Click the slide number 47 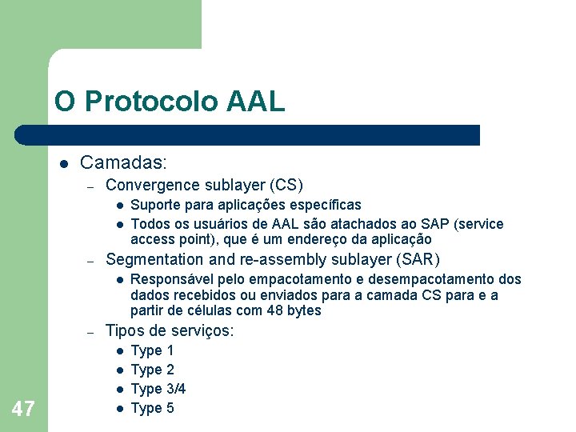(x=23, y=410)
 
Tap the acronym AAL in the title (x=255, y=102)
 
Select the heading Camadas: (x=123, y=163)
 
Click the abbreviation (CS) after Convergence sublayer (x=286, y=186)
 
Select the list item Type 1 (x=152, y=350)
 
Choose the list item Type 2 (x=152, y=370)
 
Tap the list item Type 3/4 (x=158, y=389)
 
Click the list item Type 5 (x=152, y=408)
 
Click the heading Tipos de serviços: (x=170, y=330)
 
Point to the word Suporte (x=154, y=205)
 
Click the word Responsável (x=168, y=279)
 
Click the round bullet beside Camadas (x=62, y=164)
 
